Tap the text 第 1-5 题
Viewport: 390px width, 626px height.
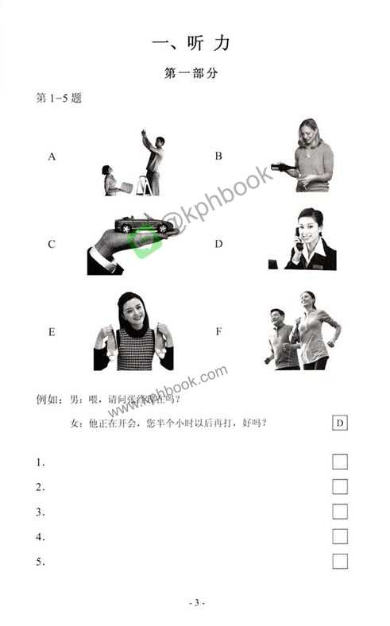point(60,99)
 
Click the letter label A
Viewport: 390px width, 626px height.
point(52,156)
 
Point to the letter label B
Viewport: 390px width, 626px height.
point(218,156)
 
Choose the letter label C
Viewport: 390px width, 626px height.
point(52,244)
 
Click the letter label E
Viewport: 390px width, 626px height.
point(52,331)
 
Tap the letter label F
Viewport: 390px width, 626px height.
point(218,331)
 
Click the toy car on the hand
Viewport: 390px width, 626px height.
point(145,225)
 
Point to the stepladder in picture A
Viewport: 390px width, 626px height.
point(145,186)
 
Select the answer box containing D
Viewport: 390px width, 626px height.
point(340,423)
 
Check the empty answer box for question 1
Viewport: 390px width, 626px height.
point(340,462)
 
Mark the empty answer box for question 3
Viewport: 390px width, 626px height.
point(340,512)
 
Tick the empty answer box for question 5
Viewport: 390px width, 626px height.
point(340,562)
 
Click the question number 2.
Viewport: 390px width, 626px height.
point(41,487)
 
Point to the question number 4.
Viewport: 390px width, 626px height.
point(41,537)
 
